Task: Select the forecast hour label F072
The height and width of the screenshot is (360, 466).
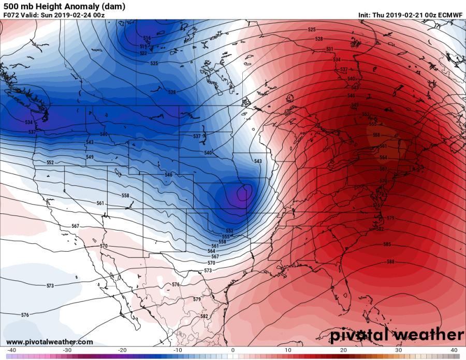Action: pyautogui.click(x=12, y=15)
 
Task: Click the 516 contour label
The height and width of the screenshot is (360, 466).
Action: pyautogui.click(x=147, y=38)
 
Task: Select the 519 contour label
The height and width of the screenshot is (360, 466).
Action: pyautogui.click(x=143, y=46)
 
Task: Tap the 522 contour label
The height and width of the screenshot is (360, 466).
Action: pyautogui.click(x=143, y=53)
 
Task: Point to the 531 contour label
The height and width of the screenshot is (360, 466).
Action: pyautogui.click(x=329, y=49)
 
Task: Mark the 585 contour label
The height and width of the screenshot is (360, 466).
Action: pyautogui.click(x=387, y=244)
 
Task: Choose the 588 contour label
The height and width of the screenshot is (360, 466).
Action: pyautogui.click(x=390, y=262)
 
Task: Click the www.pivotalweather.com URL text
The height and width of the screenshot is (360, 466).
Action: pyautogui.click(x=50, y=342)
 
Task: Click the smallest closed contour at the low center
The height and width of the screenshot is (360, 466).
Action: pyautogui.click(x=242, y=193)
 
